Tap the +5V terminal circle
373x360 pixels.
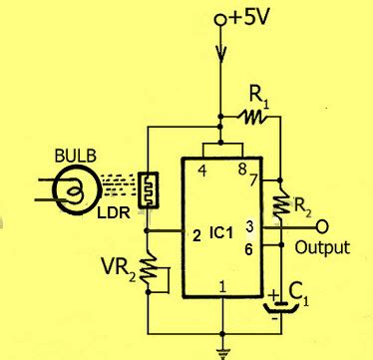tap(221, 20)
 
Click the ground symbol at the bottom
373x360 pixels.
tap(221, 350)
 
